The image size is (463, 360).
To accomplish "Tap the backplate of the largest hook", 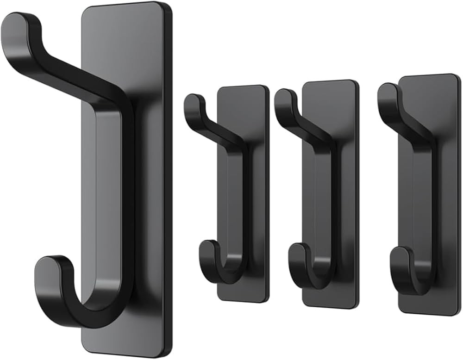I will pyautogui.click(x=148, y=185).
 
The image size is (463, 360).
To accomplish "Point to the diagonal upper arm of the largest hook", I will pyautogui.click(x=69, y=74).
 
